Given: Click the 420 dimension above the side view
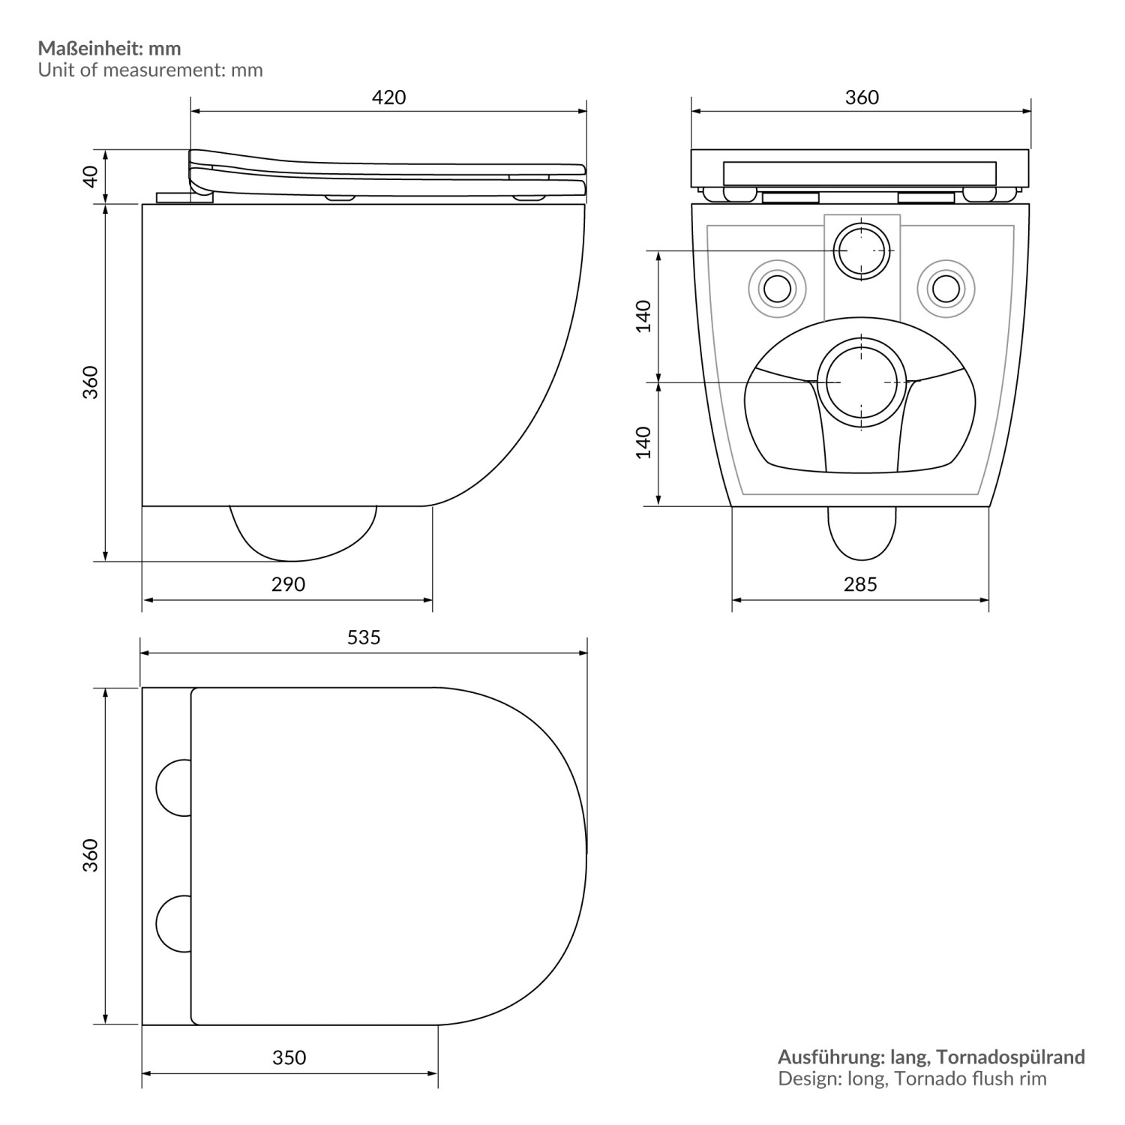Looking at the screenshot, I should pyautogui.click(x=388, y=97).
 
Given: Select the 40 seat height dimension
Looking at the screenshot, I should pyautogui.click(x=90, y=176).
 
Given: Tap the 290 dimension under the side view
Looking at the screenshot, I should pyautogui.click(x=288, y=584).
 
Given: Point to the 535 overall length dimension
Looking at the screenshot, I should pyautogui.click(x=364, y=637).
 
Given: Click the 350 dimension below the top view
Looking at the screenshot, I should pyautogui.click(x=289, y=1057).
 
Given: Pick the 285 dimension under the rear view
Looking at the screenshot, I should pyautogui.click(x=859, y=584).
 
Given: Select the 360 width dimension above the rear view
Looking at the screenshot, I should pyautogui.click(x=862, y=97).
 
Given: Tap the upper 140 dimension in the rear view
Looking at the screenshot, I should pyautogui.click(x=643, y=316).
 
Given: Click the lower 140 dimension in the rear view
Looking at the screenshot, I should pyautogui.click(x=643, y=442).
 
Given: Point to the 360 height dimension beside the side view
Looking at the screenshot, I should pyautogui.click(x=90, y=382).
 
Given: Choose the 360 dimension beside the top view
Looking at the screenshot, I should pyautogui.click(x=90, y=856).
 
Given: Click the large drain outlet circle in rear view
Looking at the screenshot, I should pyautogui.click(x=861, y=382).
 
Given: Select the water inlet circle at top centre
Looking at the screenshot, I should pyautogui.click(x=862, y=250).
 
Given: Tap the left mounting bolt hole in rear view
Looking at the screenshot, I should pyautogui.click(x=777, y=286).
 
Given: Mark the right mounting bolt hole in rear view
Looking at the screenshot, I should pyautogui.click(x=946, y=286).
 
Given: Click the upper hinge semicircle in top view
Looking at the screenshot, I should pyautogui.click(x=175, y=787).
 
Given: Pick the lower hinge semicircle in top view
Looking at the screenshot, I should pyautogui.click(x=175, y=923).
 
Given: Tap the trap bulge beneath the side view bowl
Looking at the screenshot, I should pyautogui.click(x=301, y=532).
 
